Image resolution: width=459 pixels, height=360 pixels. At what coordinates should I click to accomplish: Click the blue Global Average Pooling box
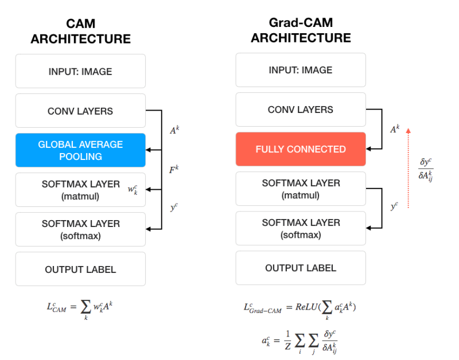tap(80, 150)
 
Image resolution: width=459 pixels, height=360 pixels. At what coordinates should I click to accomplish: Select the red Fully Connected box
tap(301, 149)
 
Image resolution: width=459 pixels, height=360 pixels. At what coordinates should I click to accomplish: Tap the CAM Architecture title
tap(80, 32)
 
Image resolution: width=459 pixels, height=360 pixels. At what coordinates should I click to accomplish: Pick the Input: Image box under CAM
tap(80, 72)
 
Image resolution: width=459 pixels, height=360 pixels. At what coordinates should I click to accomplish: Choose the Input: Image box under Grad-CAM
tap(301, 70)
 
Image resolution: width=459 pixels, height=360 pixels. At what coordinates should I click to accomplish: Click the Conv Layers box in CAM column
tap(80, 111)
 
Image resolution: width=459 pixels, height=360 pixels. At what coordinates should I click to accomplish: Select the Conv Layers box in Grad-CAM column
tap(301, 109)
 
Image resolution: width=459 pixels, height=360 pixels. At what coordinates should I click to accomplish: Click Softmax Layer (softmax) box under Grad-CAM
tap(301, 228)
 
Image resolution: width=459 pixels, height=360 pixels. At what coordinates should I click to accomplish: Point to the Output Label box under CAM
tap(80, 269)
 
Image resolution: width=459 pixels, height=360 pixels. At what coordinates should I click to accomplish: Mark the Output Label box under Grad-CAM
tap(301, 268)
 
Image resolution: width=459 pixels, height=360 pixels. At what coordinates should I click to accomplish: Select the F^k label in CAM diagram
tap(173, 170)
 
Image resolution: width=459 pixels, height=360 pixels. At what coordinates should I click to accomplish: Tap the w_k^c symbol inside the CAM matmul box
tap(134, 189)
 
